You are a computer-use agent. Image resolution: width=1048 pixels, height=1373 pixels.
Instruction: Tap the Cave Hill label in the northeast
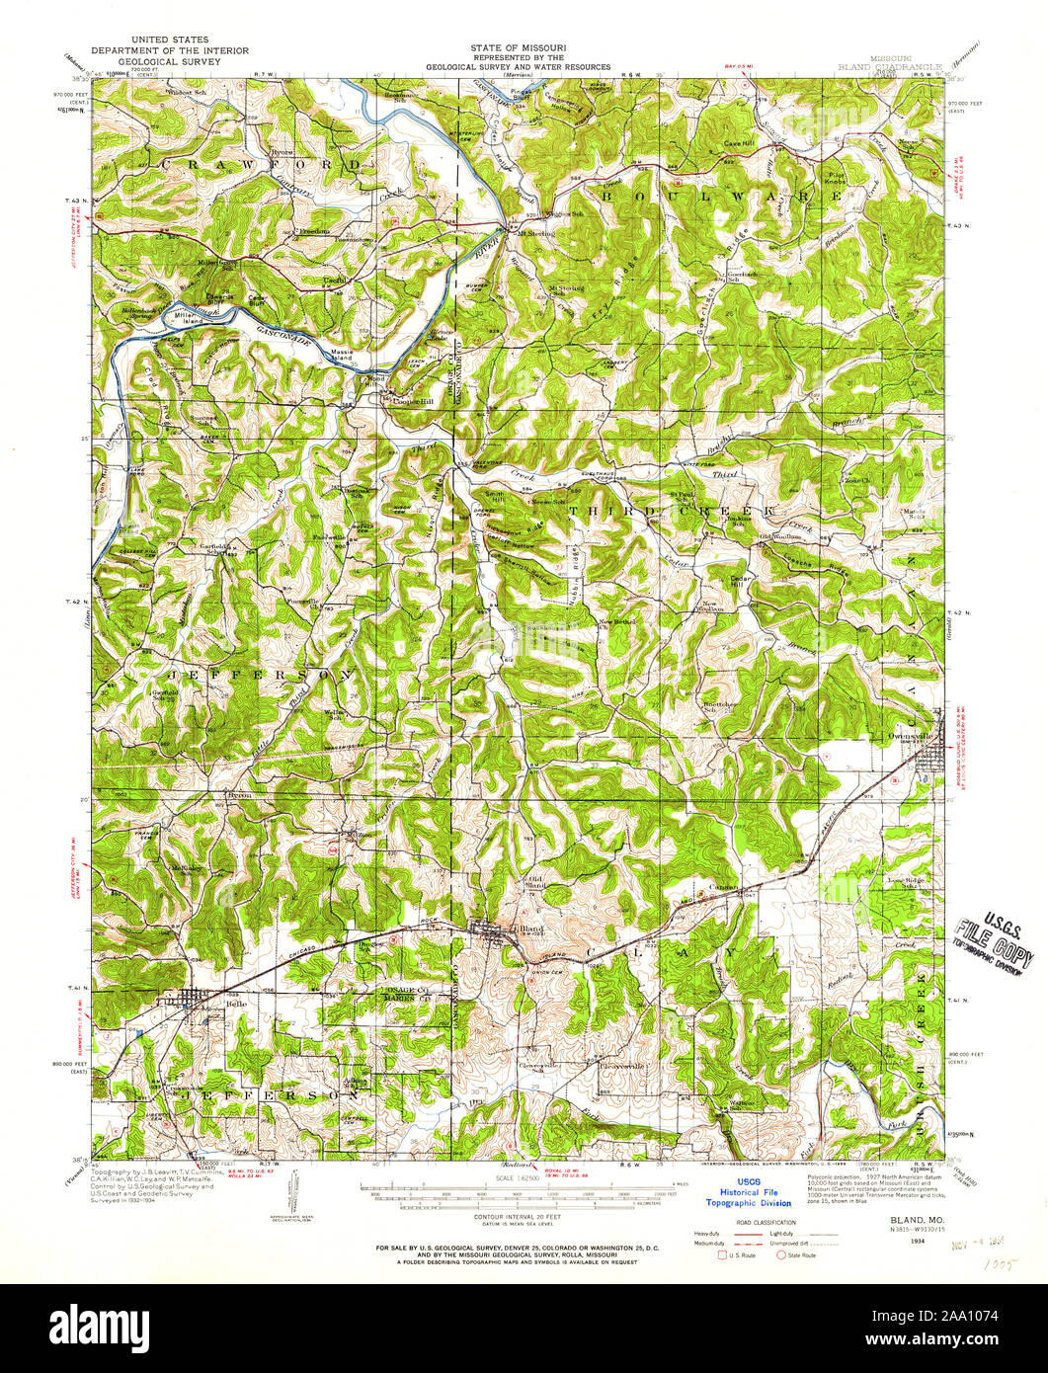(741, 143)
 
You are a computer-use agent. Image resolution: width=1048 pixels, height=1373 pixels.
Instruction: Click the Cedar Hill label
(741, 580)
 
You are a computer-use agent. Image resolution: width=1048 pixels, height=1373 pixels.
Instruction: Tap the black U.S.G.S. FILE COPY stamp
(994, 941)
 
